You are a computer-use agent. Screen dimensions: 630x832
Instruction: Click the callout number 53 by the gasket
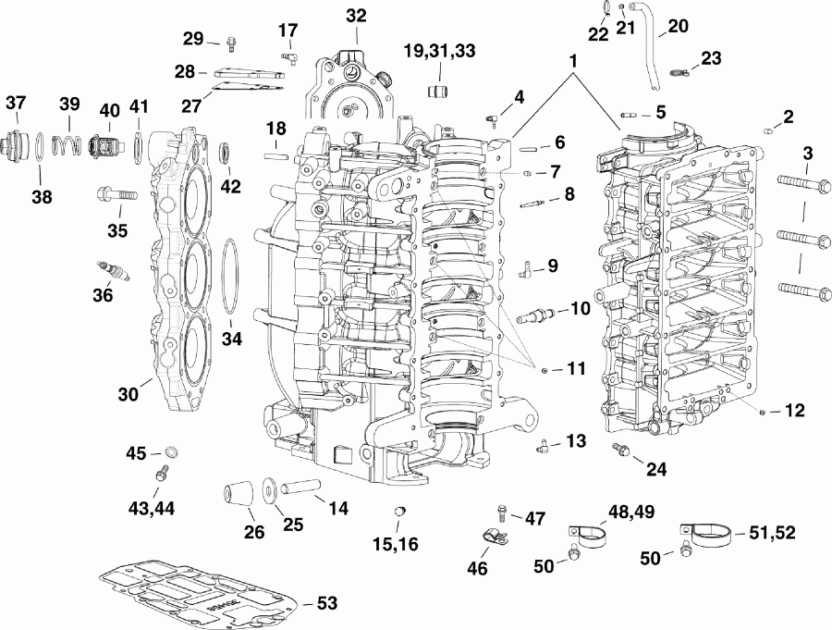tap(326, 602)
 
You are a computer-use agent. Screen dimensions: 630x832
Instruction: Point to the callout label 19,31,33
tap(439, 50)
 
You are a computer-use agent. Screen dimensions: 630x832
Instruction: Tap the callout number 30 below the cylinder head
tap(128, 393)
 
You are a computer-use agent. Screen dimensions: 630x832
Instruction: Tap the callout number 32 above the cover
tap(356, 16)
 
